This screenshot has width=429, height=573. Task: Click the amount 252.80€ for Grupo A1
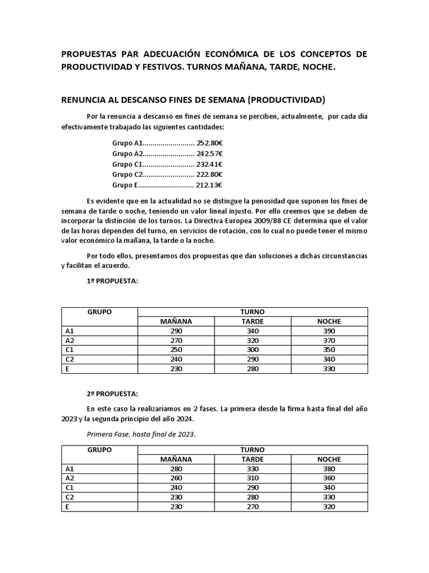pos(210,143)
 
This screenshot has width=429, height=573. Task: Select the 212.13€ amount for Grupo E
pos(210,185)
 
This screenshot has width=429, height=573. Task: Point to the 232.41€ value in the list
pos(210,164)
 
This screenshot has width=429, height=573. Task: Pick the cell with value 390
pos(329,331)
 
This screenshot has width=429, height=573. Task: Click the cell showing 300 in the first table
pos(252,349)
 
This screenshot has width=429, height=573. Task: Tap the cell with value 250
pos(176,349)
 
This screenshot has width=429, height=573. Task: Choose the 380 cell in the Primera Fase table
pos(329,469)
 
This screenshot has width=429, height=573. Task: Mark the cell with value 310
pos(252,478)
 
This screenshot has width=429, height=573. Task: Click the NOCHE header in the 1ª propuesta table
pos(329,321)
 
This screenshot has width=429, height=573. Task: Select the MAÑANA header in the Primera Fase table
pos(176,459)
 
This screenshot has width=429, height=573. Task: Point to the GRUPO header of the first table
pos(99,312)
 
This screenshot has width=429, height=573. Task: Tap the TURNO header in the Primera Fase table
pos(252,450)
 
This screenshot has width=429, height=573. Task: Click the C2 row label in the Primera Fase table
pos(70,497)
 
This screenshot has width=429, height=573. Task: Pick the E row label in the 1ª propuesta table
pos(68,369)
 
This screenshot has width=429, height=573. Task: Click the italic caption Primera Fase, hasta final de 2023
pos(141,434)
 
